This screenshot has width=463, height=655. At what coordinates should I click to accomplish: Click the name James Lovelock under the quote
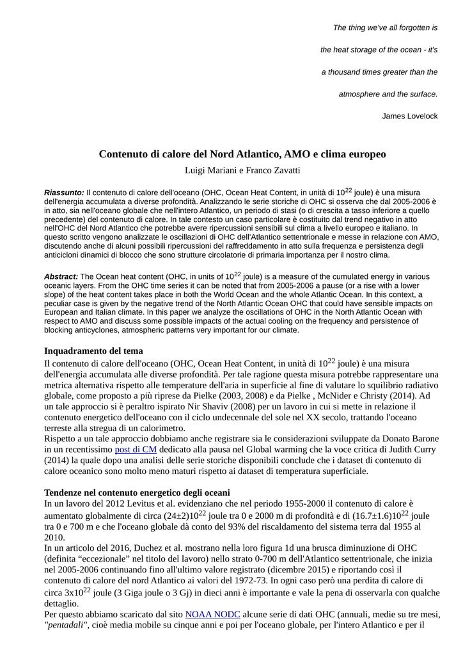410,116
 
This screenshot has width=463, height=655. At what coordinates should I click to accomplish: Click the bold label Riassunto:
64,193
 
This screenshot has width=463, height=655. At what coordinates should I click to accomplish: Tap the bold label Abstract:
61,277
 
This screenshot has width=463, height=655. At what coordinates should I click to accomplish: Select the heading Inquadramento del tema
93,351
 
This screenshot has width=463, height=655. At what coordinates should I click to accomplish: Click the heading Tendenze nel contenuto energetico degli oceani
136,493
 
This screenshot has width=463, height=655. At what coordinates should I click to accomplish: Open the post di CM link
136,450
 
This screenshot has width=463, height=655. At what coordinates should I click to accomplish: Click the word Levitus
150,504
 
